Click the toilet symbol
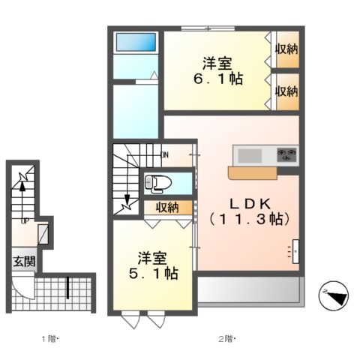(157, 181)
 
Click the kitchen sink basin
(250, 155)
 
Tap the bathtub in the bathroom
(136, 42)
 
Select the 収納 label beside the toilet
(167, 207)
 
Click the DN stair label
(166, 155)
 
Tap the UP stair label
(25, 221)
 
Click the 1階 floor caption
(49, 339)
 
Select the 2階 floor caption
(226, 339)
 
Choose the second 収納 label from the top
(286, 91)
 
